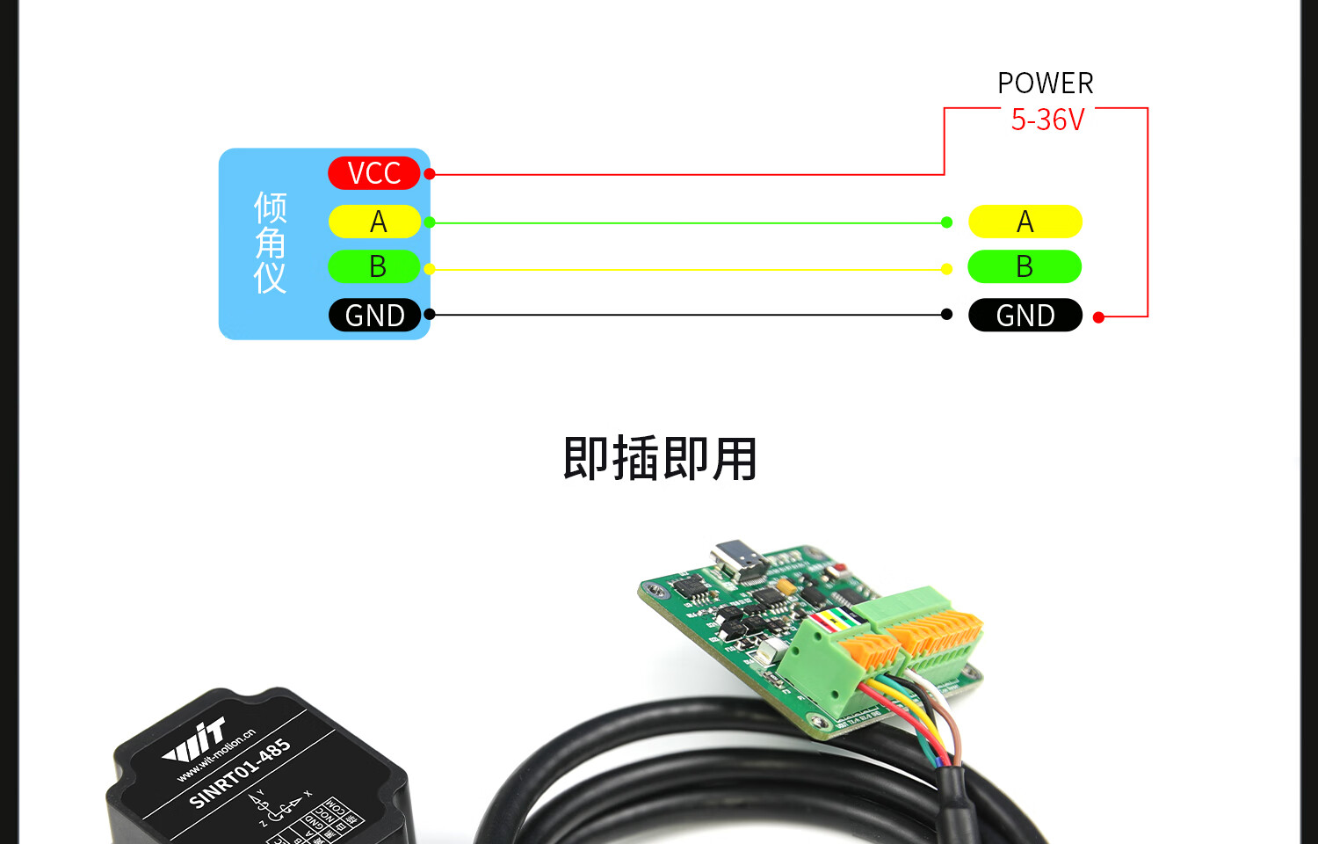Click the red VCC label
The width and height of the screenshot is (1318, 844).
(374, 173)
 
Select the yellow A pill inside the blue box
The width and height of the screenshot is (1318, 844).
(375, 222)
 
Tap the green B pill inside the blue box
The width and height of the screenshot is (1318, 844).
(375, 266)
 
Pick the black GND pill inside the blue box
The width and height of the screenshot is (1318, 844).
(375, 315)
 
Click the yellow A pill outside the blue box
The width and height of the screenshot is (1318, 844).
(1025, 222)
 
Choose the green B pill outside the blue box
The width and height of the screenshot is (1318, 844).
(1025, 266)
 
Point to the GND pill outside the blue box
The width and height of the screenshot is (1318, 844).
(1025, 315)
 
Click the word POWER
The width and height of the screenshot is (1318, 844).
(1045, 84)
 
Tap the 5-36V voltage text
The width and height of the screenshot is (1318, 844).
(1047, 120)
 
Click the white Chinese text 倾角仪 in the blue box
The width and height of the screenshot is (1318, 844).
(271, 243)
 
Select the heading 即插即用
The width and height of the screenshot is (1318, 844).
(659, 458)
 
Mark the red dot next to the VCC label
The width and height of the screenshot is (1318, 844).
(430, 174)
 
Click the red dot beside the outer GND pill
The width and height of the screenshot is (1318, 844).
(1098, 317)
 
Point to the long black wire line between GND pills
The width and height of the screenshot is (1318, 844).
(685, 315)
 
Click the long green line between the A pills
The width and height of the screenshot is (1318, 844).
(685, 223)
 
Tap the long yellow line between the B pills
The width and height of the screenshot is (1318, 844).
(685, 269)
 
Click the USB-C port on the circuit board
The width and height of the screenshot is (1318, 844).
(739, 559)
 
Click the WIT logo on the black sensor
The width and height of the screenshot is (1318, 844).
(196, 741)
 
